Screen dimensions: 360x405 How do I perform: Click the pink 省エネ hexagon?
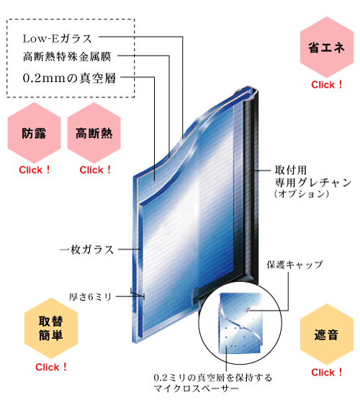327,47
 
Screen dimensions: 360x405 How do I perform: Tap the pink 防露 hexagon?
34,133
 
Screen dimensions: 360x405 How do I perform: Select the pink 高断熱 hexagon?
94,133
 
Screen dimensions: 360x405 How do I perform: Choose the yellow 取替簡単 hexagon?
51,328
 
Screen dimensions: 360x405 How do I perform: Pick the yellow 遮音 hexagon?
327,335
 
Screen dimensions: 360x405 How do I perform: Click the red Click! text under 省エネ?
327,85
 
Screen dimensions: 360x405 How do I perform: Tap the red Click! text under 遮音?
327,373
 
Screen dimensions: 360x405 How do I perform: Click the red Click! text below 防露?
35,170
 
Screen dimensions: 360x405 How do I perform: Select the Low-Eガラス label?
57,39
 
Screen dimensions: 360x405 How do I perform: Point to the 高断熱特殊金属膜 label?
67,57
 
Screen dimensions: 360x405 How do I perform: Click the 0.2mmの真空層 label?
69,78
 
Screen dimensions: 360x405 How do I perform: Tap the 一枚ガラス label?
87,250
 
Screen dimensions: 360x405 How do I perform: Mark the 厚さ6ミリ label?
90,297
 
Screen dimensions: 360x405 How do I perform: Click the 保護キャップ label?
295,265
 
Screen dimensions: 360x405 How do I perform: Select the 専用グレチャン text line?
313,182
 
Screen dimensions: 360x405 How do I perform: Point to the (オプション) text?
302,194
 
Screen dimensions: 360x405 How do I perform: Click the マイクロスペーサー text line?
196,388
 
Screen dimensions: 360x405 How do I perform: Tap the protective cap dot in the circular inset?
248,309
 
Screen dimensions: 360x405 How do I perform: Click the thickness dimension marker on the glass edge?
138,294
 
